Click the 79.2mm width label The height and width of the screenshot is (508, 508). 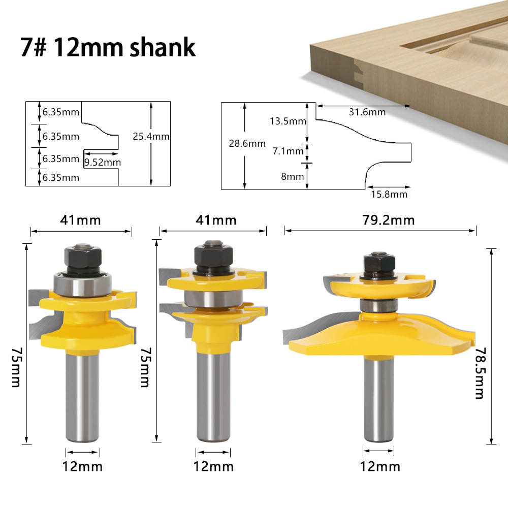[389, 220]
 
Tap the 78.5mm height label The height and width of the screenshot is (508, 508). [480, 373]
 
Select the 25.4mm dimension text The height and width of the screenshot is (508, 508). [151, 136]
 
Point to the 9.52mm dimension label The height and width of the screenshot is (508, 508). [103, 163]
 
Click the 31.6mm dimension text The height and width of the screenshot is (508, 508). [367, 112]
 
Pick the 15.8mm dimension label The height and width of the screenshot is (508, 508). [389, 195]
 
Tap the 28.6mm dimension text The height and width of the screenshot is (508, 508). [247, 144]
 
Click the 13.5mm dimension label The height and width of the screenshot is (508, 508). [288, 121]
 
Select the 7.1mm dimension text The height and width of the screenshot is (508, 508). [288, 151]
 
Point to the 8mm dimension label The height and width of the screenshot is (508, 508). [292, 177]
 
